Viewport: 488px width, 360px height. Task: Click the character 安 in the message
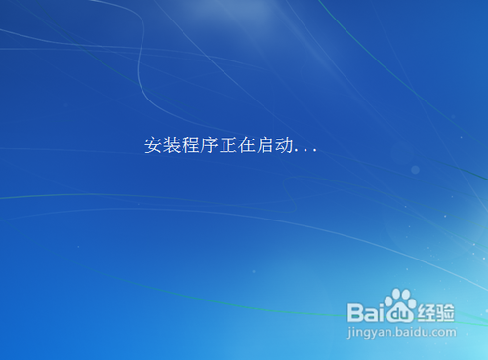pyautogui.click(x=153, y=146)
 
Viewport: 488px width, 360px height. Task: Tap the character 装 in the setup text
pyautogui.click(x=173, y=146)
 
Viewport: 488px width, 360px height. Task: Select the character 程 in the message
pyautogui.click(x=193, y=146)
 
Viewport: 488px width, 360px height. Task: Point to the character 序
pyautogui.click(x=213, y=146)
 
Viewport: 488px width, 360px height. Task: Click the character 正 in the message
pyautogui.click(x=232, y=146)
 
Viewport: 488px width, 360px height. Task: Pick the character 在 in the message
pyautogui.click(x=252, y=146)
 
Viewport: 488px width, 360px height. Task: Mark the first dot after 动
pyautogui.click(x=301, y=152)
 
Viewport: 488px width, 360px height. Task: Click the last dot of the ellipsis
pyautogui.click(x=315, y=152)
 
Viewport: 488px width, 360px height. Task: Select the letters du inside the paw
pyautogui.click(x=399, y=313)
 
